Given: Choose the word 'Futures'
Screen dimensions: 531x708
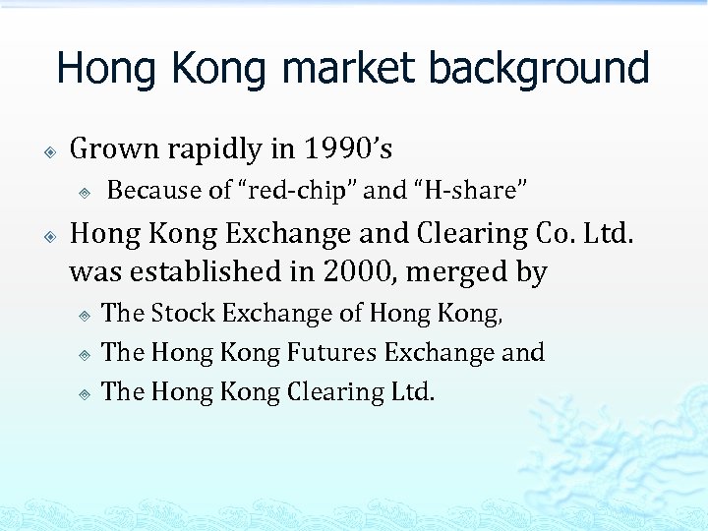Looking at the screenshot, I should (x=330, y=353).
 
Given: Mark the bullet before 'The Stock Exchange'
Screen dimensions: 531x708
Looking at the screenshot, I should (x=85, y=315).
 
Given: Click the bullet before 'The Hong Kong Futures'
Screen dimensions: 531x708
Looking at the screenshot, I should (x=85, y=354).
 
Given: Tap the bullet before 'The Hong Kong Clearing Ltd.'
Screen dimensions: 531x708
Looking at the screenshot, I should (x=85, y=393).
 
